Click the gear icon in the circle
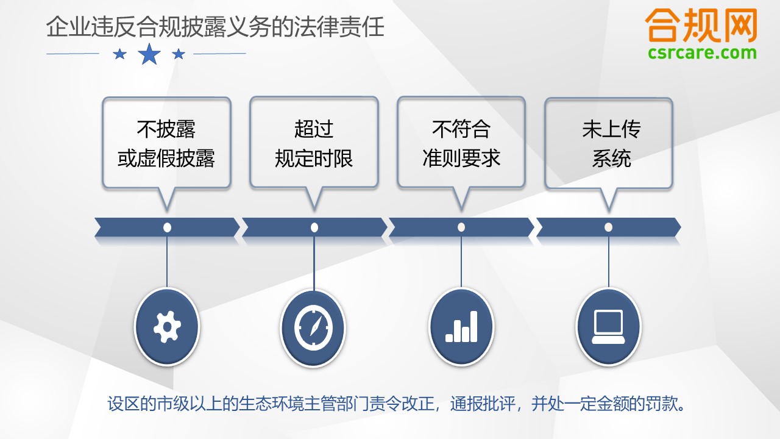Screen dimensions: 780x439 click(167, 327)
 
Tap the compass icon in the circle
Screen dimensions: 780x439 click(313, 327)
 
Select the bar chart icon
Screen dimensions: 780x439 click(461, 326)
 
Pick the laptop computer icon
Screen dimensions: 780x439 click(608, 327)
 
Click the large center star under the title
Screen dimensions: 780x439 click(149, 54)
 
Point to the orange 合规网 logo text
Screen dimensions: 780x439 click(701, 26)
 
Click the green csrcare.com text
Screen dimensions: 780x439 click(702, 53)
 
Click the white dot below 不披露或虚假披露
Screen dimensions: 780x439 click(167, 227)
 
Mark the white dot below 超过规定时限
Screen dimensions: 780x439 click(314, 227)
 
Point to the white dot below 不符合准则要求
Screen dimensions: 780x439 click(461, 227)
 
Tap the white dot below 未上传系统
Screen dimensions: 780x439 click(608, 227)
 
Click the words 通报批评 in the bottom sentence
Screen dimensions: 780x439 click(483, 404)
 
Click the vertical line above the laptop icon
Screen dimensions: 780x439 click(609, 262)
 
